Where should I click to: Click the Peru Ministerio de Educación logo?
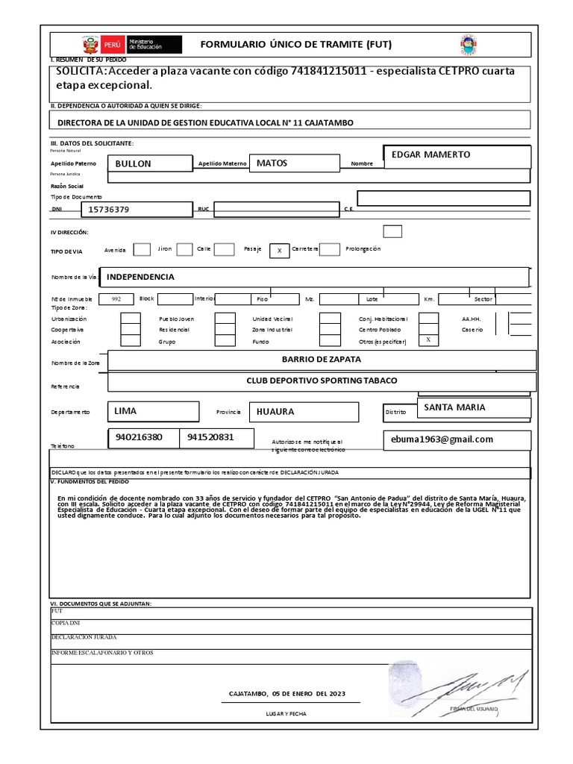[x=131, y=44]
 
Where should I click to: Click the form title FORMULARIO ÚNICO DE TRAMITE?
[x=296, y=45]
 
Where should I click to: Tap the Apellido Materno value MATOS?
[x=272, y=163]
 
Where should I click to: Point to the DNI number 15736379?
[x=109, y=210]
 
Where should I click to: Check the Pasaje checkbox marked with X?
[x=278, y=251]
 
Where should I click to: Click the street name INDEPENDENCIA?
[x=141, y=277]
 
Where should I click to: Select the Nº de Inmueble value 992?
[x=116, y=298]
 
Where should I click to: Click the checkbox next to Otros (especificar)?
[x=428, y=339]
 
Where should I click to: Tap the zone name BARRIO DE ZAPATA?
[x=322, y=359]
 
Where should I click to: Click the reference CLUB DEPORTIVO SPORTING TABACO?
[x=322, y=381]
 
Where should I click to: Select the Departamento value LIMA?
[x=125, y=410]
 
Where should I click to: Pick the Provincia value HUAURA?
[x=275, y=411]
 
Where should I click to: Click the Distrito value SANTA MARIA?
[x=454, y=407]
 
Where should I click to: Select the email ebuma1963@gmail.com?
[x=442, y=439]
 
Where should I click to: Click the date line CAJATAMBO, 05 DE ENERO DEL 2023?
[x=287, y=693]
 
